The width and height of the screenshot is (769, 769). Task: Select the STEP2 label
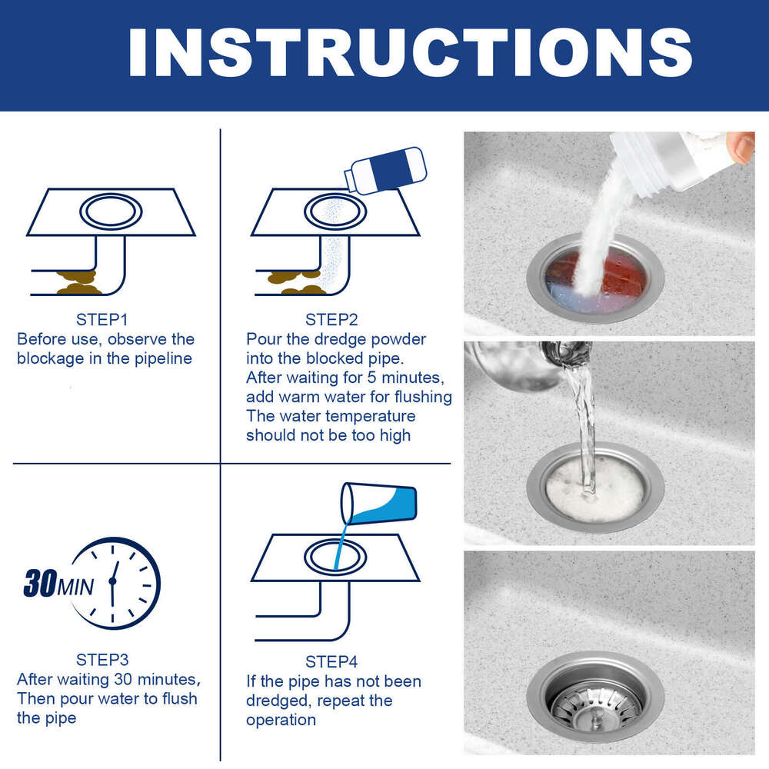click(331, 320)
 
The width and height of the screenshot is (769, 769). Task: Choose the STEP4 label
click(331, 661)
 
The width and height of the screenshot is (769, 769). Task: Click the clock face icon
click(115, 582)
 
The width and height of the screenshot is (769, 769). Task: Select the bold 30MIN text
click(58, 585)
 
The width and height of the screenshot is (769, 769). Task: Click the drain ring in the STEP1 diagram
click(111, 210)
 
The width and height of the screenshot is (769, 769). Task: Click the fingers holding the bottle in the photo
click(741, 146)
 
